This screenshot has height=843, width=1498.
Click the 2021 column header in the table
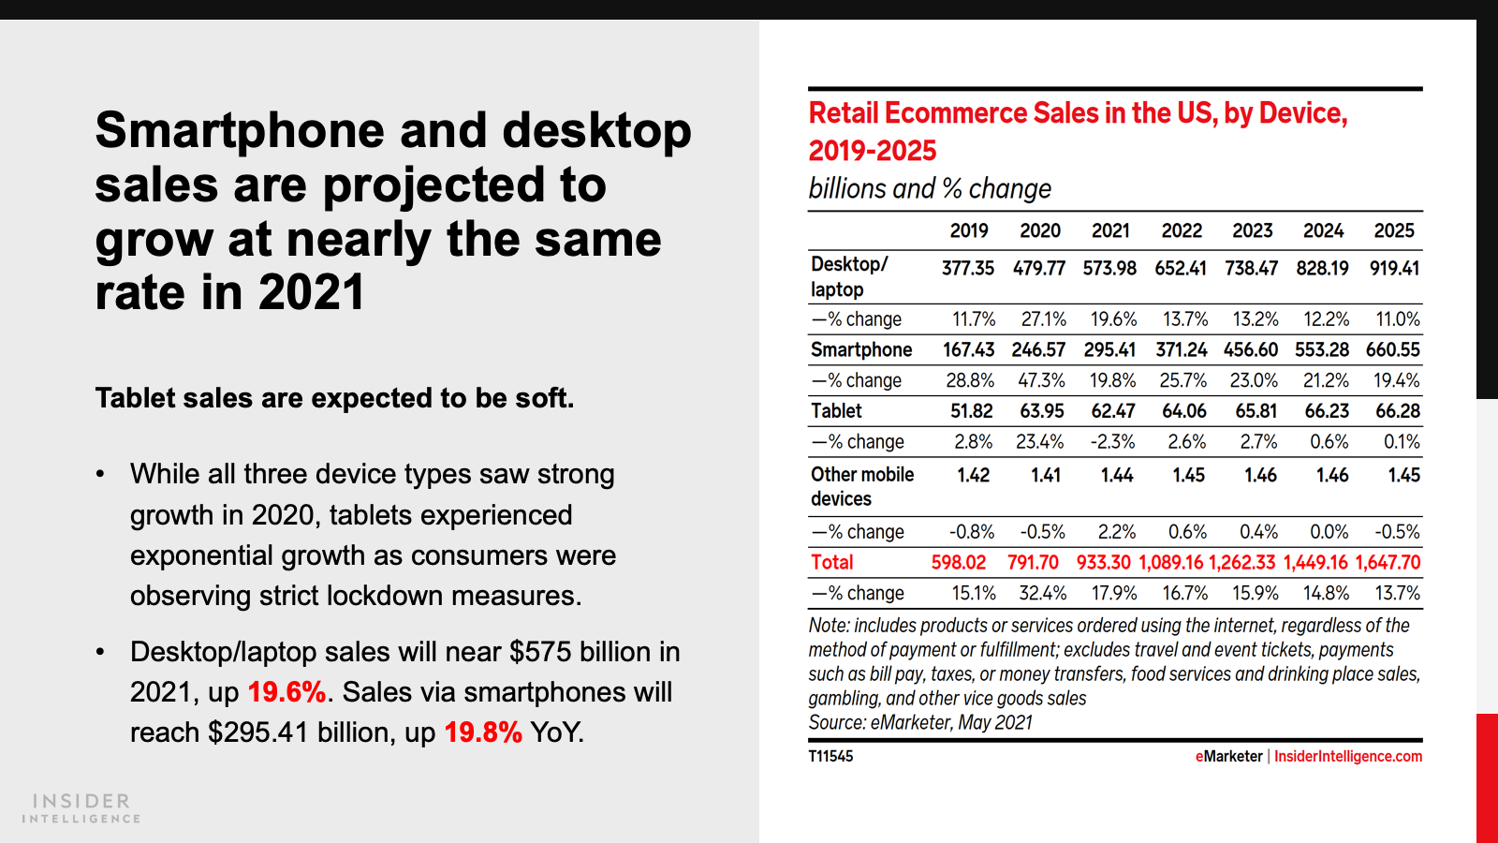pos(1110,231)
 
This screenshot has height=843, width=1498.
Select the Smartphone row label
pos(861,350)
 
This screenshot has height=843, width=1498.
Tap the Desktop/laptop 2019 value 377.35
pos(968,269)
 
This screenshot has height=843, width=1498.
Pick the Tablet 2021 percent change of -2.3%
pos(1112,442)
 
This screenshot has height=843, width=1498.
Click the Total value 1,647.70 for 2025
pos(1388,563)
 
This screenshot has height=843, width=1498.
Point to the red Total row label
pos(832,563)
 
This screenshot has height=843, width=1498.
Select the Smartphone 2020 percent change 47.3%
pos(1041,381)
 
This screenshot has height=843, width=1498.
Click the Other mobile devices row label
pos(862,486)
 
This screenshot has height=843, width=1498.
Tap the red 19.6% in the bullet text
pos(286,692)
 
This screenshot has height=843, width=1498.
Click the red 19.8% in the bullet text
pos(483,732)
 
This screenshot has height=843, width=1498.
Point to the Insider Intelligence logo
pos(81,808)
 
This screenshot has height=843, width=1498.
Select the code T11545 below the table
pos(831,757)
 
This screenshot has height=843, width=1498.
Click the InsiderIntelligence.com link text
pos(1348,757)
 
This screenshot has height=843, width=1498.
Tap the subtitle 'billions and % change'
pos(930,189)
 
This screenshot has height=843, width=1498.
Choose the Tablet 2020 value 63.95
pos(1041,411)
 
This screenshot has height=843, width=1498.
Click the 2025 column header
pos(1393,231)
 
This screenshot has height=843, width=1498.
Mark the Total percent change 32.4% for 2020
pos(1042,594)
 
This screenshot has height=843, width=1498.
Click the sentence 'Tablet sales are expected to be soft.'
pos(334,398)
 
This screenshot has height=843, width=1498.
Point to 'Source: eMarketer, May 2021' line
pos(920,723)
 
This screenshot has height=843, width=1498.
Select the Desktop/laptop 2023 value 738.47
pos(1251,269)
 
